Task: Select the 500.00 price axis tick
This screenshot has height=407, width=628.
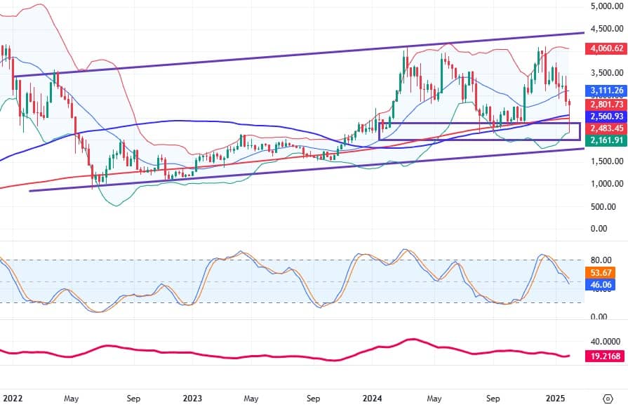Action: (606, 206)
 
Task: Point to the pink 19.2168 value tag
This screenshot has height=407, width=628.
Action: (604, 356)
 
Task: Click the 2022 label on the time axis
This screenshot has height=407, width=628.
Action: (13, 397)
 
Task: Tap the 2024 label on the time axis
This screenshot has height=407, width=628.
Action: (372, 397)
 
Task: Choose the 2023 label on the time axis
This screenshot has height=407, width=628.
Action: (193, 397)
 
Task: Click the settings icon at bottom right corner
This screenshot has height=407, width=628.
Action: (608, 397)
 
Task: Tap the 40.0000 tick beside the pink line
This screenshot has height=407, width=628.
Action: (604, 341)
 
